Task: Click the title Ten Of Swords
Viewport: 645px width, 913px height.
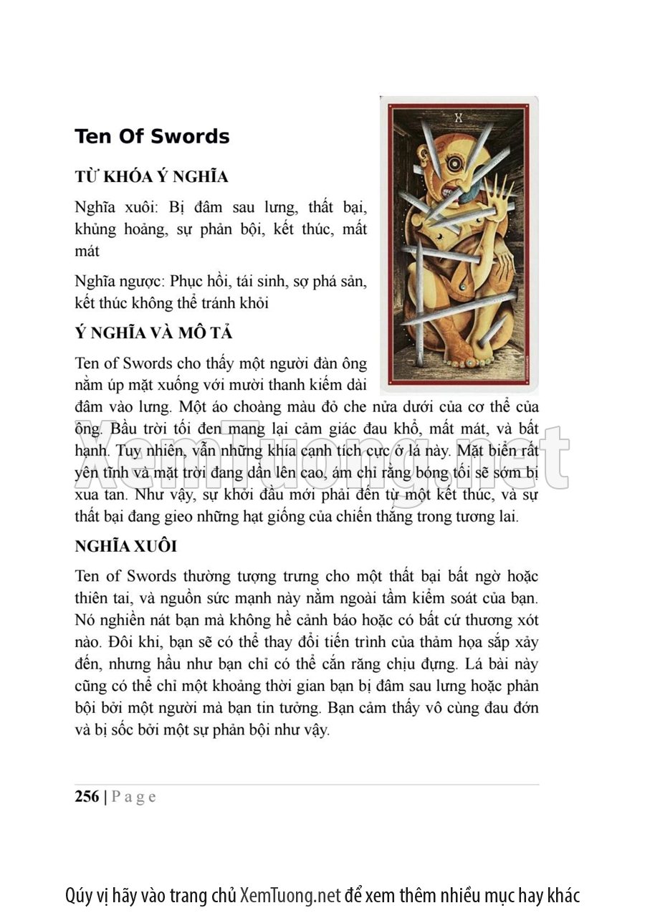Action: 152,136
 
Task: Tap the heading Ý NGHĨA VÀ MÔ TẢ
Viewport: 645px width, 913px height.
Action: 153,333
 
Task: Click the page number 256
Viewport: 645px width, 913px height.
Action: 87,796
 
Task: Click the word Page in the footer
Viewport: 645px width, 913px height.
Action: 134,796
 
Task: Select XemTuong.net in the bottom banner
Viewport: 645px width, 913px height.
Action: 290,895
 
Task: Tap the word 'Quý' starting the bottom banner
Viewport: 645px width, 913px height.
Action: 78,895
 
